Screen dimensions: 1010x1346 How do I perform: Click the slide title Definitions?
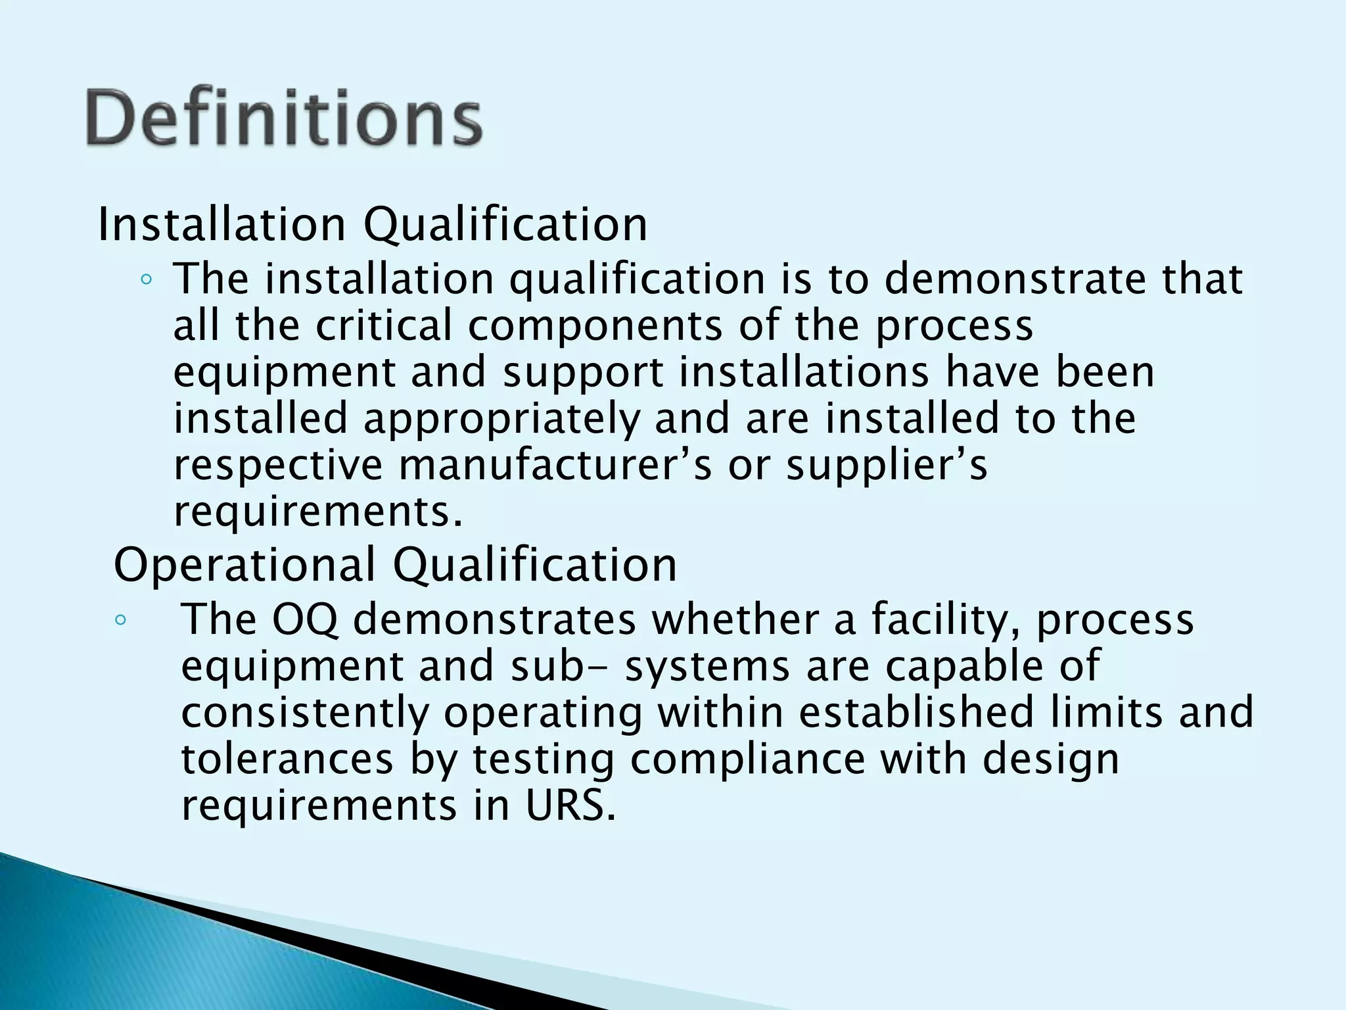(284, 118)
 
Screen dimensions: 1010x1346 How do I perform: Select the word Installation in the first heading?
(221, 224)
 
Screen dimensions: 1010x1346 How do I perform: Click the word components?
(594, 325)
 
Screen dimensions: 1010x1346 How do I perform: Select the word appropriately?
(501, 419)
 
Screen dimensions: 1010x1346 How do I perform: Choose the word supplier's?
(887, 465)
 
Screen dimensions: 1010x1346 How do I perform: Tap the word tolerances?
(287, 759)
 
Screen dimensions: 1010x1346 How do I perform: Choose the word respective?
(278, 465)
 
